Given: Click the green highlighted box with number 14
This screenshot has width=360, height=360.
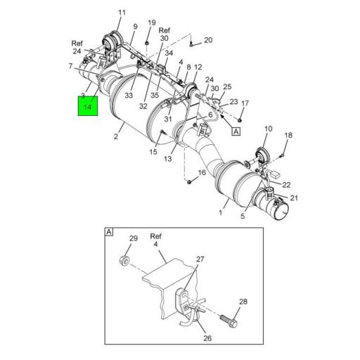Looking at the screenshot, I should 89,106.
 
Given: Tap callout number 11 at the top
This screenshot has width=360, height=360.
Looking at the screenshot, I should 122,13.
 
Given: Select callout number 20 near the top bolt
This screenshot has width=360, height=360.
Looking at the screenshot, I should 208,40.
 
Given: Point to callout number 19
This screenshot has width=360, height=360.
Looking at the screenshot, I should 151,23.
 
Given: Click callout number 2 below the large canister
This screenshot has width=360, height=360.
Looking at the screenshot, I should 116,137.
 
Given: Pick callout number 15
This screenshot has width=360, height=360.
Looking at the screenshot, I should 153,152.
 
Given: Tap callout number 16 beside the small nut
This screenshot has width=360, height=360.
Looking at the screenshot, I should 202,173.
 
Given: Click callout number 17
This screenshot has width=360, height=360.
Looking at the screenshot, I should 245,103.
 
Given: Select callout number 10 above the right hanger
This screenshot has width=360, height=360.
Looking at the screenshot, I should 268,129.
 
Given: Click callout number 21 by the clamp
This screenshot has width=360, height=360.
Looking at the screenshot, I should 295,198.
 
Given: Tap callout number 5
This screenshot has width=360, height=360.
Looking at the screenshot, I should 243,217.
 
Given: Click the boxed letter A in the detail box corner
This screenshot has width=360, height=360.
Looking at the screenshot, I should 109,231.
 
